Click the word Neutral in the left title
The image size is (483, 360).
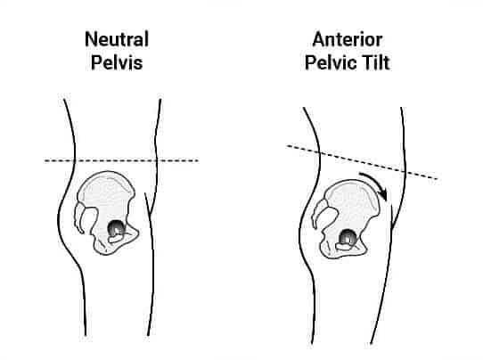[x=117, y=39]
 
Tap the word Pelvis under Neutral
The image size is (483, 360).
[x=117, y=62]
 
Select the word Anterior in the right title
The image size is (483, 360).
[x=348, y=40]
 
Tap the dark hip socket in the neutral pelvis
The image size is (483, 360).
[x=116, y=228]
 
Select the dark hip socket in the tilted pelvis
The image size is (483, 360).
[x=348, y=238]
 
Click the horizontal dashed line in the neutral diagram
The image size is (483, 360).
[x=121, y=160]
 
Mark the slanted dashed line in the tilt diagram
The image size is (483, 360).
[x=362, y=161]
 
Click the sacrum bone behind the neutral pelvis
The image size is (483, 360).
[x=85, y=217]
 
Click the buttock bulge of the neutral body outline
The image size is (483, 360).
[x=59, y=217]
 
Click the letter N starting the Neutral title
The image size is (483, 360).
[x=91, y=39]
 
